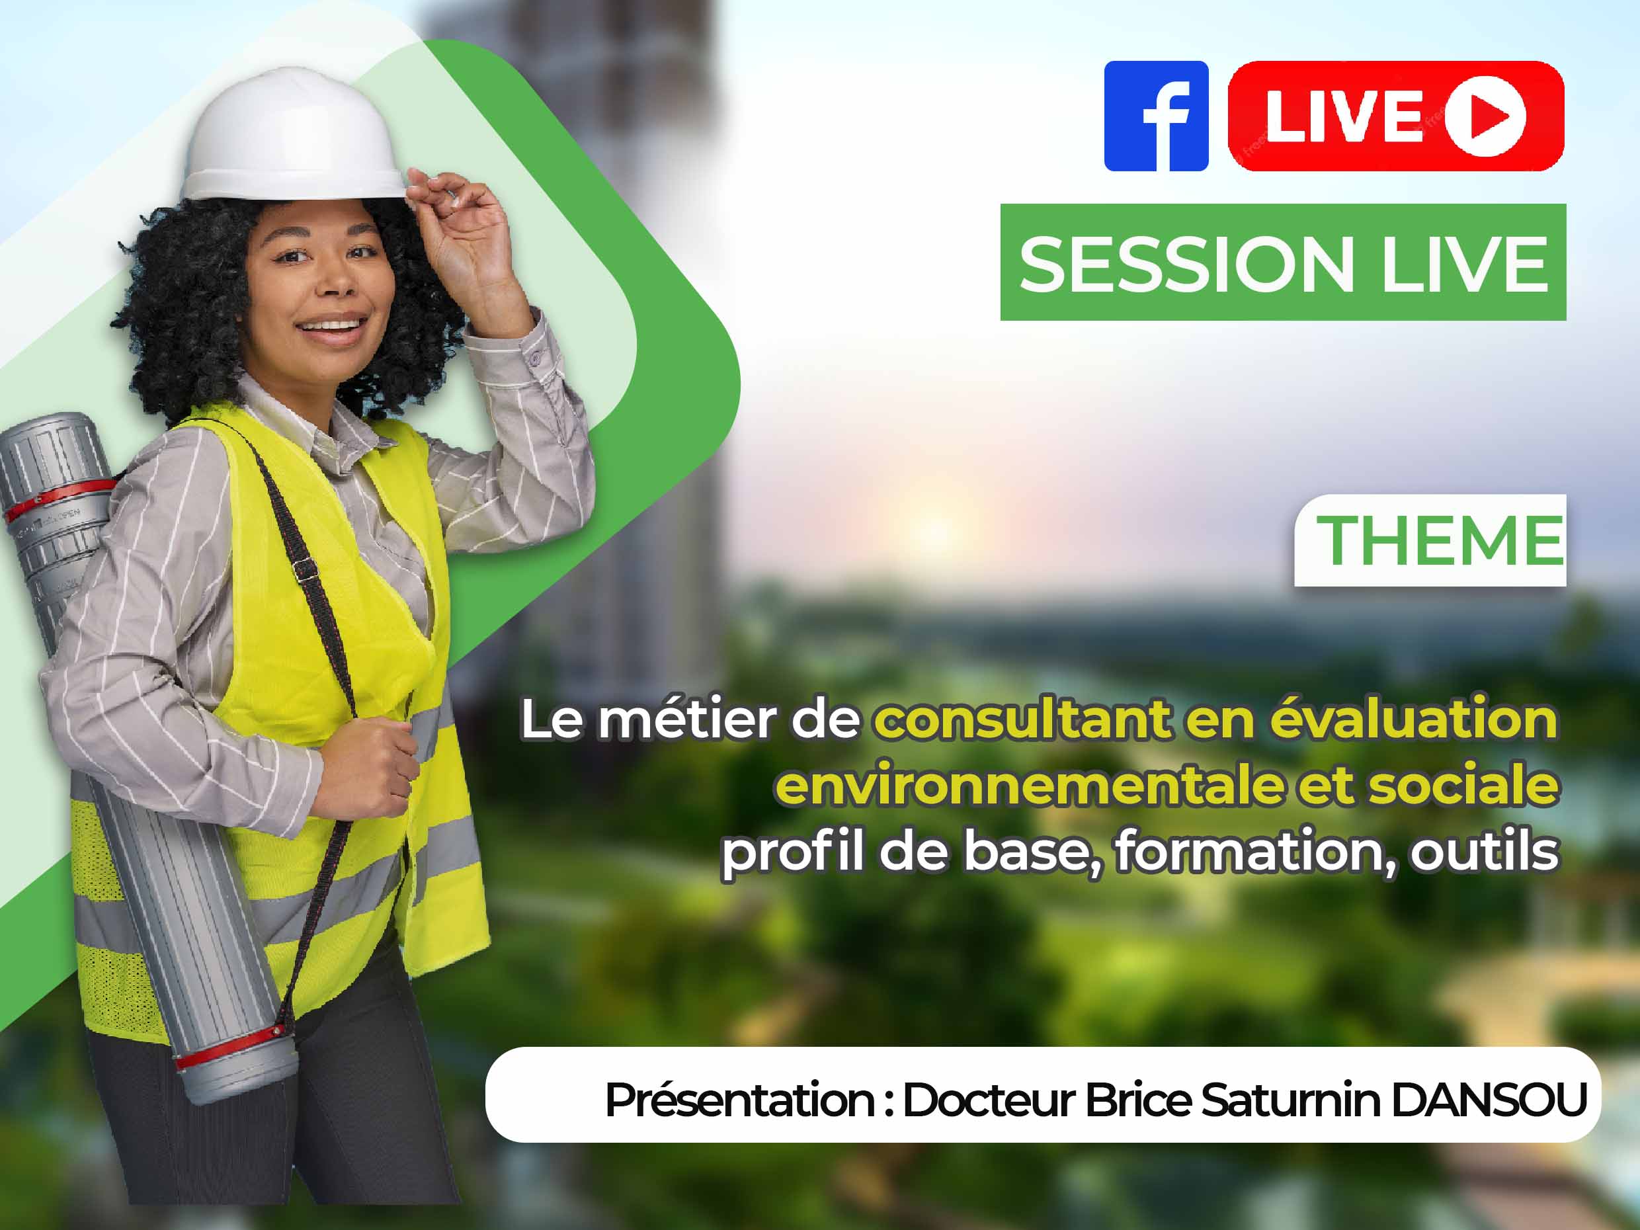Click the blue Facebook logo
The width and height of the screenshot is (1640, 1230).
pyautogui.click(x=1156, y=116)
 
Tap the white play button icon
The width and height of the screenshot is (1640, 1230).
pyautogui.click(x=1485, y=116)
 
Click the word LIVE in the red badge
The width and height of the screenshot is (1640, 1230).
pyautogui.click(x=1344, y=116)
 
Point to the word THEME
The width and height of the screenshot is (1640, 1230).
pyautogui.click(x=1440, y=540)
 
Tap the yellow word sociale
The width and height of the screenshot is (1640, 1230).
pyautogui.click(x=1463, y=784)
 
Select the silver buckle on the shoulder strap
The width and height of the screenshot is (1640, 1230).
pyautogui.click(x=304, y=569)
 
